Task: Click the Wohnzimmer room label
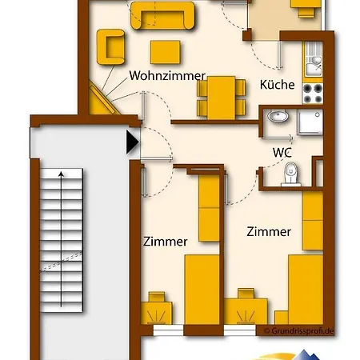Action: click(x=167, y=76)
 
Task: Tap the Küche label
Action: click(x=278, y=85)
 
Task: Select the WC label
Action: click(x=282, y=153)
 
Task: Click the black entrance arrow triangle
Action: click(x=133, y=142)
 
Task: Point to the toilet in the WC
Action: click(x=290, y=174)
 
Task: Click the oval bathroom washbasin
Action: click(x=278, y=116)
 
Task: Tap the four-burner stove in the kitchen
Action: click(x=313, y=94)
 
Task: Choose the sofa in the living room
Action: click(x=162, y=15)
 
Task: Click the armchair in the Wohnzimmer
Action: click(x=110, y=46)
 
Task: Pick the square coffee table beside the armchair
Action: click(x=166, y=52)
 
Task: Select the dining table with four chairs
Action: click(x=222, y=98)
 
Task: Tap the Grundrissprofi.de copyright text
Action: click(x=298, y=331)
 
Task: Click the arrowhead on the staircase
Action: click(x=62, y=174)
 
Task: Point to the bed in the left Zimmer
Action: click(x=202, y=290)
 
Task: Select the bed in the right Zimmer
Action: click(x=306, y=290)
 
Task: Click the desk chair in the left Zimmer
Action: click(x=157, y=297)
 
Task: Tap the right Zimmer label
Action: click(x=269, y=231)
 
